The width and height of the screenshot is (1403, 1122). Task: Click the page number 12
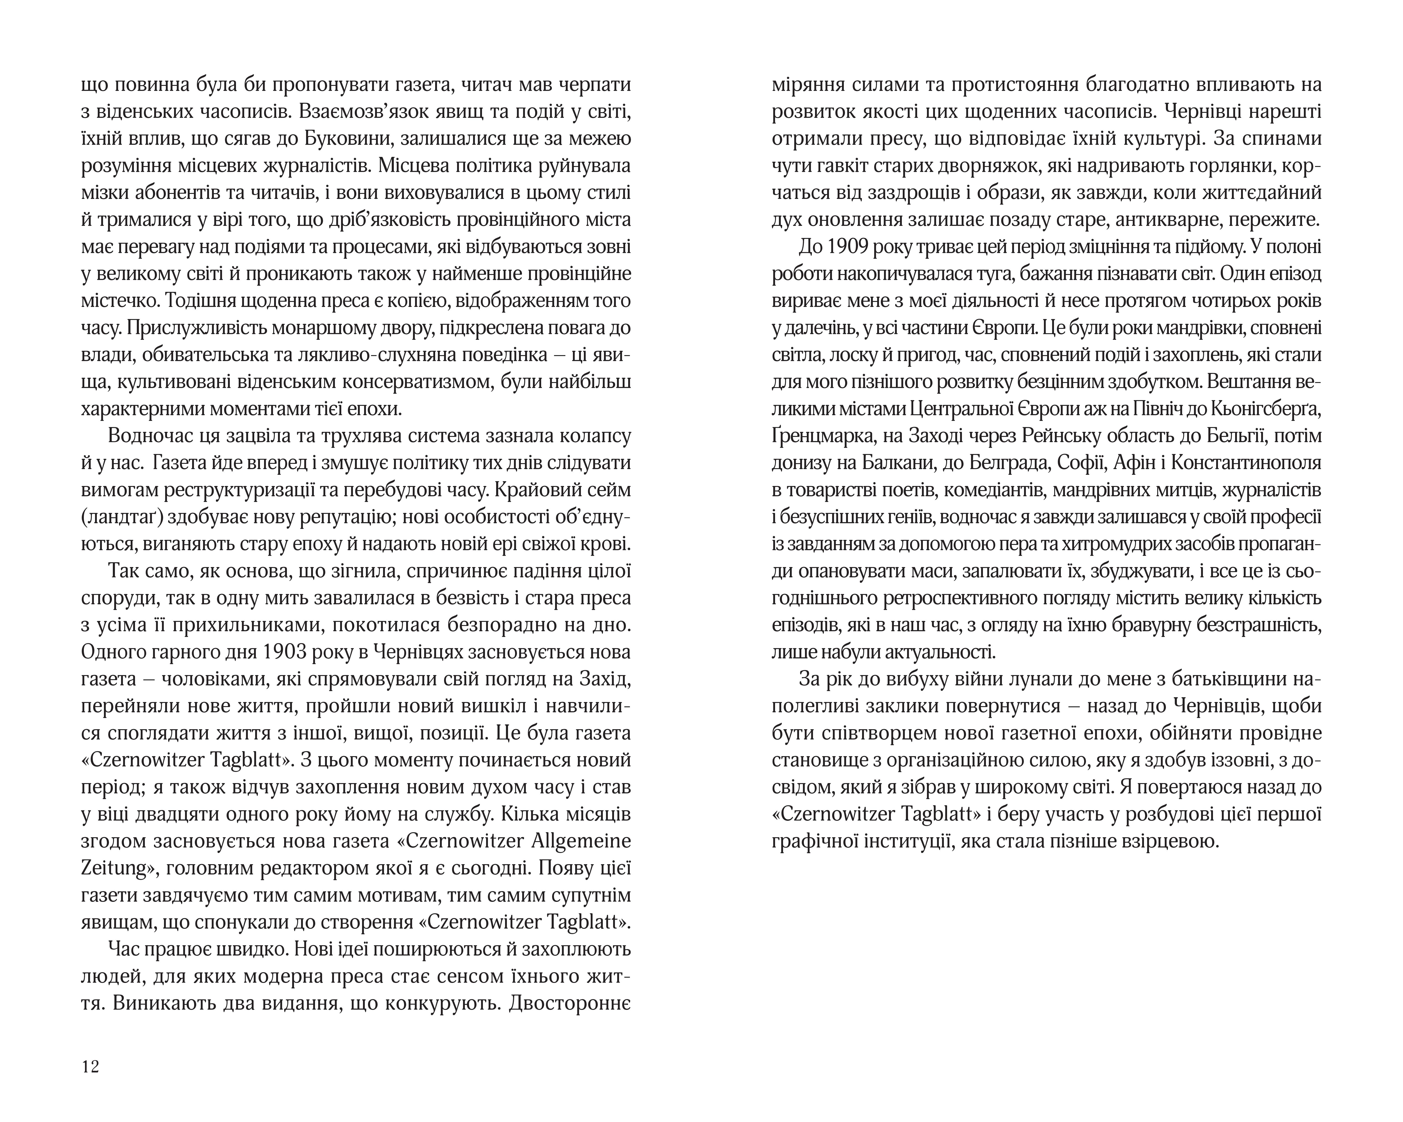coord(90,1067)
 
